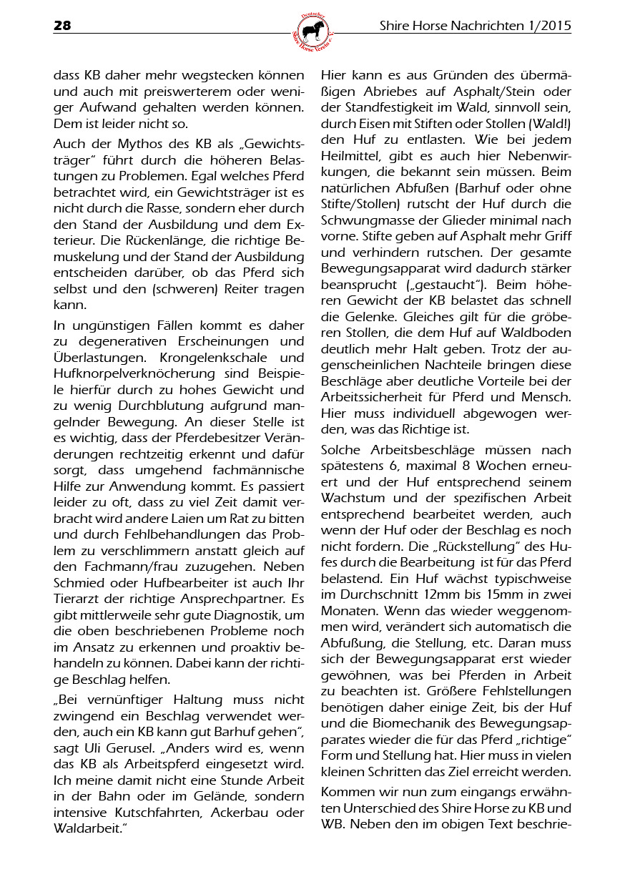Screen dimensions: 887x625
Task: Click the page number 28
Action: [x=62, y=26]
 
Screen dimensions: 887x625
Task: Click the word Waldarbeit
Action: [x=88, y=828]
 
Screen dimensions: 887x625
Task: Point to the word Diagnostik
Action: [x=250, y=614]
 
